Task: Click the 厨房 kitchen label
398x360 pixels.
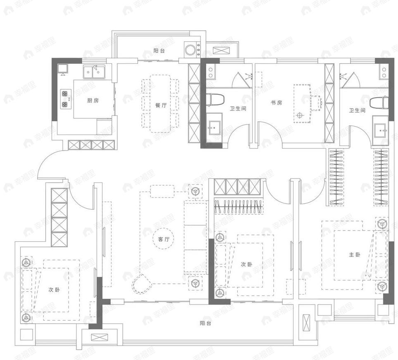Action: (x=93, y=101)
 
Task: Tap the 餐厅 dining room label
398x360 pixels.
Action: (x=161, y=105)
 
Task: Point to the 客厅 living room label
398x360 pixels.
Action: (x=164, y=239)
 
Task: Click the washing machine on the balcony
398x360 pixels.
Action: (x=191, y=50)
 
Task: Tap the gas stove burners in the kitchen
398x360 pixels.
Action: (x=65, y=99)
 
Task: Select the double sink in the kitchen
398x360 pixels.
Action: (x=93, y=72)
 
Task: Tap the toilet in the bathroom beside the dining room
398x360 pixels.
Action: (x=215, y=100)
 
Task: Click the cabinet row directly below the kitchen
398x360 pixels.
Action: (x=91, y=145)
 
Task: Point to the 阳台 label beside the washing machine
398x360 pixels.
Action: (x=159, y=51)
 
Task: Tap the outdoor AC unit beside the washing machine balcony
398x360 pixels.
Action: (x=222, y=51)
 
